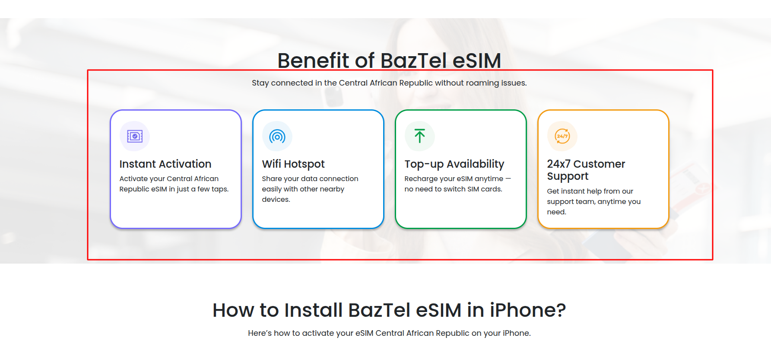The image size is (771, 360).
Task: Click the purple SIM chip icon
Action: click(135, 137)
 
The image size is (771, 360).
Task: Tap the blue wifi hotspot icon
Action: click(277, 137)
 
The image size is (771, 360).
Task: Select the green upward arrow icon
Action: click(419, 136)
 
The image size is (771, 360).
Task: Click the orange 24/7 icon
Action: click(562, 136)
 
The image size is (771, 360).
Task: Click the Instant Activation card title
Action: click(165, 164)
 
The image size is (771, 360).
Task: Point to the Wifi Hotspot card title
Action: click(293, 164)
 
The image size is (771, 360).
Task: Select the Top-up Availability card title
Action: click(454, 164)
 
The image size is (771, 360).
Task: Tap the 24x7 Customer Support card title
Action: click(586, 170)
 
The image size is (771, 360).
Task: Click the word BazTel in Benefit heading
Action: click(413, 61)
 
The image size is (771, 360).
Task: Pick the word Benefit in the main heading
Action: click(314, 61)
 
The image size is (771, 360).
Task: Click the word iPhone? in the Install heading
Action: click(527, 310)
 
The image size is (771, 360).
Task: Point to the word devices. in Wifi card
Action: click(276, 200)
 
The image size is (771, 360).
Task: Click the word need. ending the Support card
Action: click(556, 212)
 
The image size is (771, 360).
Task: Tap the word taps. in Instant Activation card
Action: click(220, 189)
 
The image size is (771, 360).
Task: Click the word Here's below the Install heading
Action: click(260, 333)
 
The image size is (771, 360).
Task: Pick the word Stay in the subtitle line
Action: click(260, 83)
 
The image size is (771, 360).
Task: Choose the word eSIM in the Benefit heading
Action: click(477, 61)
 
